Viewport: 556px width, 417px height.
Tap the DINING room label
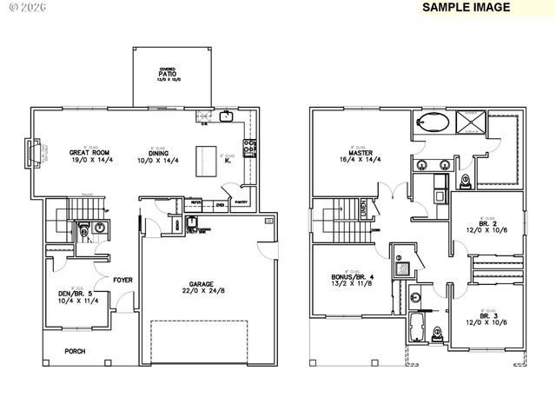click(156, 153)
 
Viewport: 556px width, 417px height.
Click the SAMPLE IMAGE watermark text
click(465, 7)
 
